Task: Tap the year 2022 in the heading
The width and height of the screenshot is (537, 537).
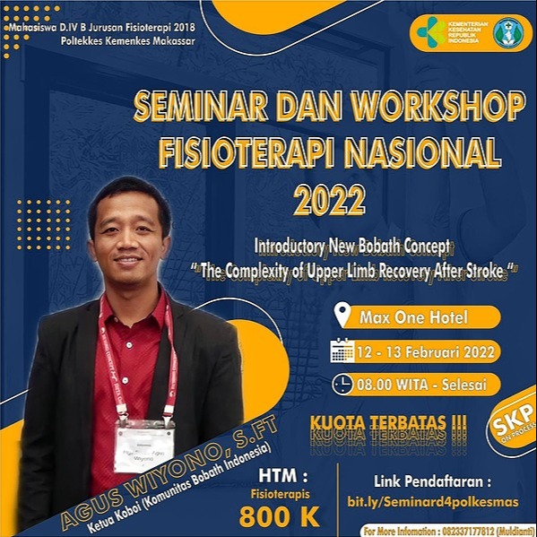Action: coord(329,198)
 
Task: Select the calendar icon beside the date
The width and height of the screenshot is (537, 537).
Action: coord(342,350)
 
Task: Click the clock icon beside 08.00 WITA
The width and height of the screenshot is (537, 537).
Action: coord(342,384)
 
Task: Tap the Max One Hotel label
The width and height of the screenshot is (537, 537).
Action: coord(411,316)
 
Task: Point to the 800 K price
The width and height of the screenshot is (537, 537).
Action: coord(279,515)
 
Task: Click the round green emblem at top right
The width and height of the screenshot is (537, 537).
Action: coord(507,32)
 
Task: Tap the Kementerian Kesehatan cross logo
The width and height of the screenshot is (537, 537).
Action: coord(430,32)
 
